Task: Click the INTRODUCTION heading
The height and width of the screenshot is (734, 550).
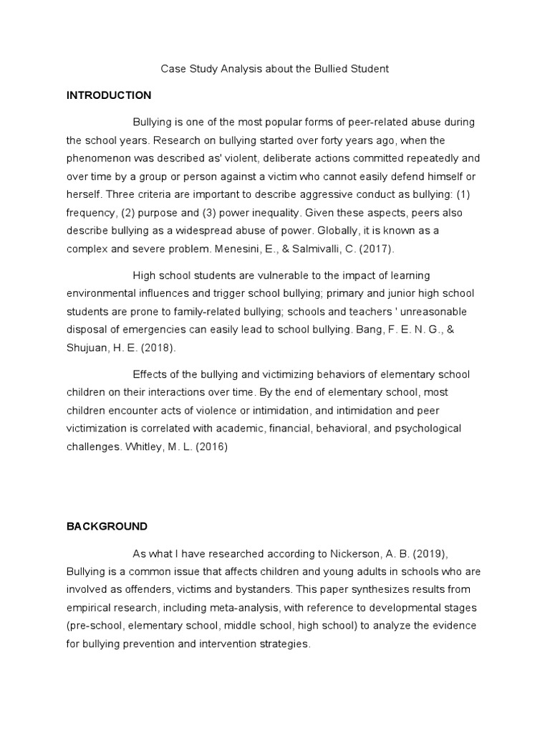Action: click(109, 95)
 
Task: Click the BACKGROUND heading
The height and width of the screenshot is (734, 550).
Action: click(107, 526)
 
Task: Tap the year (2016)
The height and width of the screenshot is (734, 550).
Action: click(213, 447)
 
